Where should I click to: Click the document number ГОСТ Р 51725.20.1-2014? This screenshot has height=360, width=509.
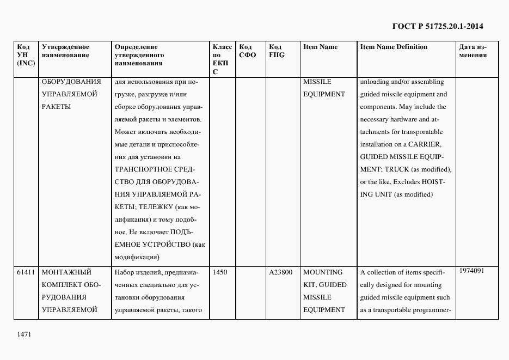coord(438,26)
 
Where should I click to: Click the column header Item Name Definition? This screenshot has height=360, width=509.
coord(394,47)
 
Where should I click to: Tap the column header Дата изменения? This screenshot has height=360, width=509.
coord(472,51)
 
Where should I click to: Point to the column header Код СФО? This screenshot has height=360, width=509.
coord(247,51)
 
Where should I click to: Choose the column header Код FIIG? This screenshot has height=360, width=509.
coord(277,51)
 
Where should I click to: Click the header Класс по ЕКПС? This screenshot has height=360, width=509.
coord(222,59)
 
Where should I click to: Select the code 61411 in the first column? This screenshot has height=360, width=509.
coord(26,272)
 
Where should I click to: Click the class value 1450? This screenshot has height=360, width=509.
coord(220,272)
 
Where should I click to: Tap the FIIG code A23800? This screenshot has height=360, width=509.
coord(281,272)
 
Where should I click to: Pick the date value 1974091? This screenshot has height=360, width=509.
coord(471,271)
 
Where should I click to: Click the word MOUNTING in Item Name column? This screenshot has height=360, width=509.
coord(323,272)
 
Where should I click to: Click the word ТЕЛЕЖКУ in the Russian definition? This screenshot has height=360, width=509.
coord(157,207)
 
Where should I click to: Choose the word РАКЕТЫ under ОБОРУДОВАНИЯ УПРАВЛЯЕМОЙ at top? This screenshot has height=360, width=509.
coord(56,107)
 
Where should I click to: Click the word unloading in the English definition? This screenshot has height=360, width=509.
coord(375,82)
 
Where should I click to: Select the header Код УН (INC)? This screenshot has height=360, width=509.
coord(26,55)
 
